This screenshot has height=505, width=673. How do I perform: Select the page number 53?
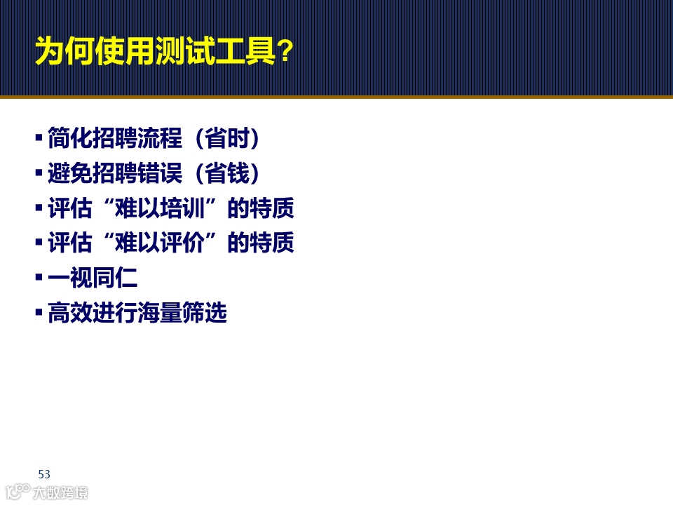pos(44,473)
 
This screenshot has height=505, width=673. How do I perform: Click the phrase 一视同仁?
pos(93,278)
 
